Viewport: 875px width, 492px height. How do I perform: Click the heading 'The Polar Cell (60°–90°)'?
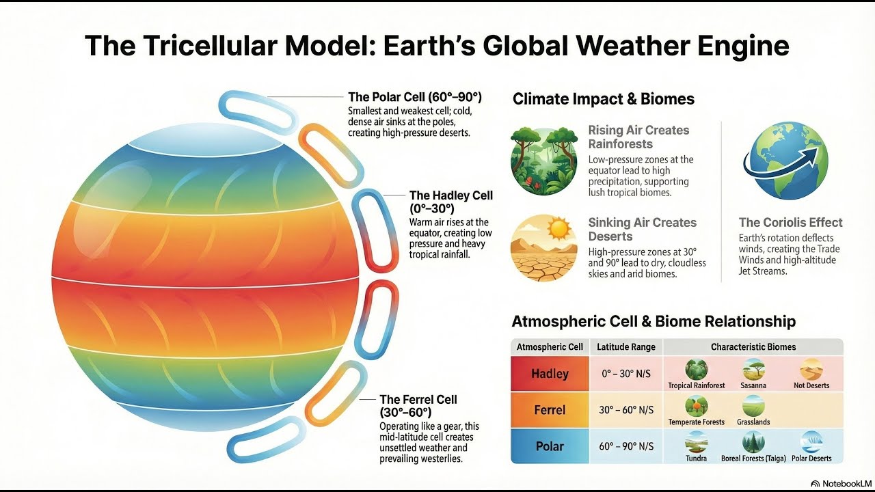pos(415,97)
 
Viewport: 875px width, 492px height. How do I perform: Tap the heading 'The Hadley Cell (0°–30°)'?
pos(450,202)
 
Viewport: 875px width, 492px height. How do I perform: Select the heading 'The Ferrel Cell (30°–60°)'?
pos(418,405)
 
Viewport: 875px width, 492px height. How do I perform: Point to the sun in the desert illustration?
pos(558,229)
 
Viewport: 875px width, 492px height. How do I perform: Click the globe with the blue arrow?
pos(785,161)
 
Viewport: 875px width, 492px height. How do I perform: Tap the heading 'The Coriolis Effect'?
pos(790,222)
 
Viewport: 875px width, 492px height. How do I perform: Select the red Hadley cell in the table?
pos(550,374)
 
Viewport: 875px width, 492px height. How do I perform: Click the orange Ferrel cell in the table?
pos(550,410)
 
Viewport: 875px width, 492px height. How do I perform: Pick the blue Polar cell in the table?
pos(550,446)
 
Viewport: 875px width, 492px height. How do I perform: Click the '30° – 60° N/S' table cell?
pos(626,410)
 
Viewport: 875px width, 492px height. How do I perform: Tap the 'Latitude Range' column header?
pos(626,347)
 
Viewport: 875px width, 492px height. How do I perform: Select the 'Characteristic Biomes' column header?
pos(753,347)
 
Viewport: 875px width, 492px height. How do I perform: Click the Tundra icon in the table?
pos(696,441)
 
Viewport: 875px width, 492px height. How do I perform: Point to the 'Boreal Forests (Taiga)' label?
pos(753,459)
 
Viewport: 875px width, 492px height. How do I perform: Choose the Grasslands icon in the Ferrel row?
pos(753,406)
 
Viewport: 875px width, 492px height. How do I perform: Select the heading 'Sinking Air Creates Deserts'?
pos(642,229)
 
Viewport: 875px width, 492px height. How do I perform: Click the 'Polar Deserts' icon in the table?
pos(811,441)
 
